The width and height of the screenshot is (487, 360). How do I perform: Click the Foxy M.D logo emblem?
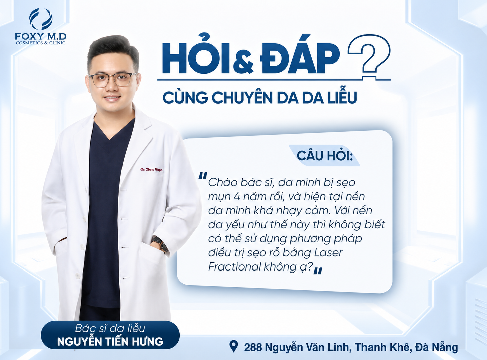(x=41, y=19)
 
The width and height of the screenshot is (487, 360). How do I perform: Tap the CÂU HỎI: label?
(x=324, y=156)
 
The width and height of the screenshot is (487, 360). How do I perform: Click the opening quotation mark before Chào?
(x=202, y=176)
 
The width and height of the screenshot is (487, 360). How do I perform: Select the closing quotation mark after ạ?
(x=318, y=271)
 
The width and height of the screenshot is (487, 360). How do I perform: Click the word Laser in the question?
(x=328, y=252)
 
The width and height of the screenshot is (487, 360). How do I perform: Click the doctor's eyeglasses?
(x=112, y=80)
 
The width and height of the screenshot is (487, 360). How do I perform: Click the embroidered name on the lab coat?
(x=151, y=169)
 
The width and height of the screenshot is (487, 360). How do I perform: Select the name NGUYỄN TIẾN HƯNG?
(x=110, y=341)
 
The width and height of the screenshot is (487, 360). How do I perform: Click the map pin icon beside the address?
(x=233, y=346)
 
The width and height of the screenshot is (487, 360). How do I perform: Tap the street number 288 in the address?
(x=253, y=347)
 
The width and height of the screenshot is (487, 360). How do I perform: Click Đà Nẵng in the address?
(x=436, y=347)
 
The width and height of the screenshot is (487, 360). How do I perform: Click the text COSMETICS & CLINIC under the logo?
(x=41, y=43)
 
